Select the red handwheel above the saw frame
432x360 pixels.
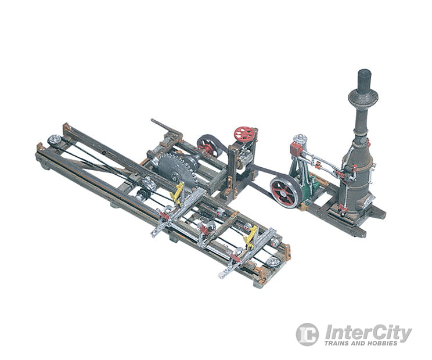244,134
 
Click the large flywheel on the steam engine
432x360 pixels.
286,192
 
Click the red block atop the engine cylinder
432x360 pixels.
296,149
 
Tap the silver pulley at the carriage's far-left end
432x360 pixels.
55,140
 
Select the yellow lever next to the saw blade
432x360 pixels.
177,193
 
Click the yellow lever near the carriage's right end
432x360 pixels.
251,236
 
